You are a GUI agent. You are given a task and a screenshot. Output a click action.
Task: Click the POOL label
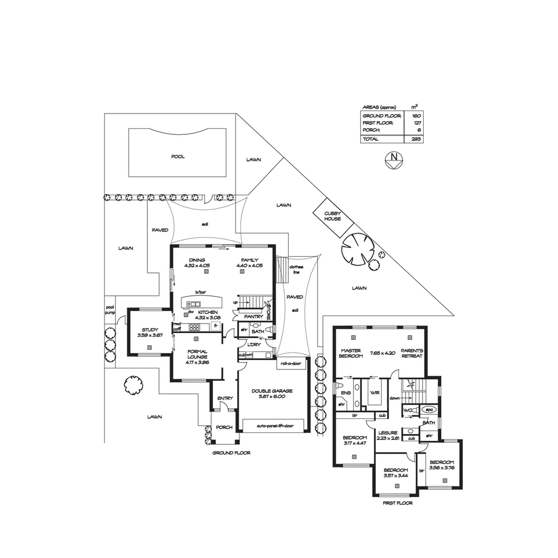[x=178, y=157]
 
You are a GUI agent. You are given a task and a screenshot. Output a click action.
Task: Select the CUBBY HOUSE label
[x=333, y=216]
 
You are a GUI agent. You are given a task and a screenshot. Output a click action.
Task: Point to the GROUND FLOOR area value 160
[x=416, y=116]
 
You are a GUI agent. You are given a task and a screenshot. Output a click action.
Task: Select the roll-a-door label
[x=290, y=363]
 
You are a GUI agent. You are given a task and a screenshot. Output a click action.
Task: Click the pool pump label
[x=110, y=309]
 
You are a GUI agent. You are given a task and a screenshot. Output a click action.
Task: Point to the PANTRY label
[x=254, y=316]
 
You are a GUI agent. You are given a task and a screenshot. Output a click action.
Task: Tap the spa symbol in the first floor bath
[x=429, y=410]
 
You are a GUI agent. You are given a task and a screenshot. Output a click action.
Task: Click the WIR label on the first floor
[x=375, y=393]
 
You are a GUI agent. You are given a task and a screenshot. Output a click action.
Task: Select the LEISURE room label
[x=388, y=433]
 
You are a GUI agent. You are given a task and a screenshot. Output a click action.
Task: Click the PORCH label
[x=224, y=427]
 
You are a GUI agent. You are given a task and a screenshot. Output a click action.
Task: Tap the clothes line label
[x=297, y=269]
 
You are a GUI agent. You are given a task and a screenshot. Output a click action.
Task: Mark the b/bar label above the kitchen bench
[x=200, y=292]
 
